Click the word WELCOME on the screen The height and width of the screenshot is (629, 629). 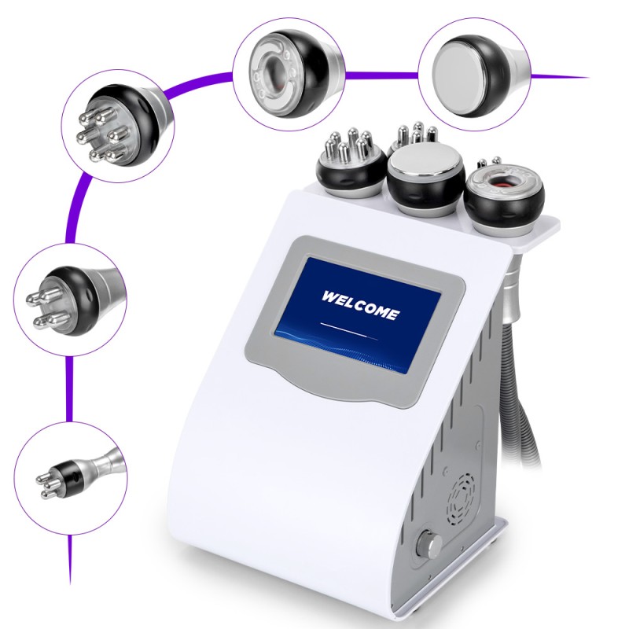[360, 304]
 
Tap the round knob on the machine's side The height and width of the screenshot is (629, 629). [429, 544]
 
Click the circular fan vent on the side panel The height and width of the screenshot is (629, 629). [462, 498]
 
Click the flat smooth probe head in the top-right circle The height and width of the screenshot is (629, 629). [477, 75]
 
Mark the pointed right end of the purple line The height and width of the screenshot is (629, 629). [589, 77]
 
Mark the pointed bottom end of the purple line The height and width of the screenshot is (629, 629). [70, 583]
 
